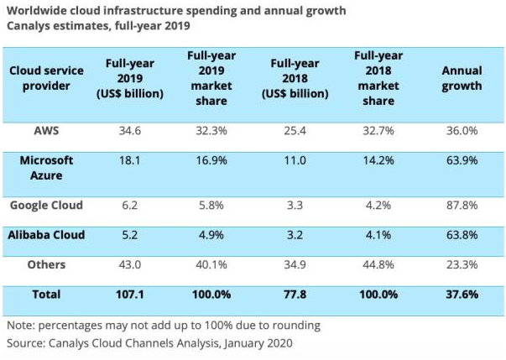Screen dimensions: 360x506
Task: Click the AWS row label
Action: coord(46,133)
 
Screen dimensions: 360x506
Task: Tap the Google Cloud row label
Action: coord(47,205)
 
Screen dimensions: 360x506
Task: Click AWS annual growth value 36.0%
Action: coord(462,133)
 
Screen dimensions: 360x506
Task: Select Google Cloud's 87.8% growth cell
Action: coord(462,205)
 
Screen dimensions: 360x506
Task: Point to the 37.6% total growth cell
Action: coord(462,296)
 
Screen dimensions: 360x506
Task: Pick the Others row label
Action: coord(46,264)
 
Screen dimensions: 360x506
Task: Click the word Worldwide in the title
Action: coord(37,11)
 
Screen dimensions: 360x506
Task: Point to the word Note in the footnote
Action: coord(22,325)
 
